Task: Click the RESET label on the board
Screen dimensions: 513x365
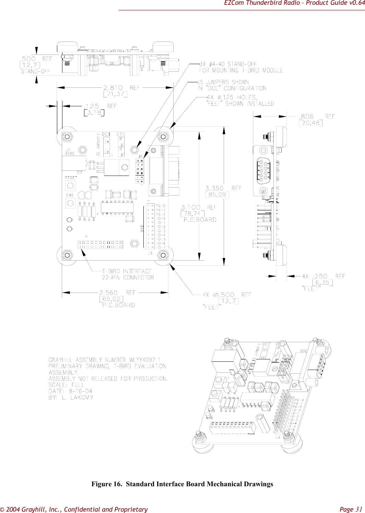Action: [71, 178]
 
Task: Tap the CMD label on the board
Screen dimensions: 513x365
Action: [70, 195]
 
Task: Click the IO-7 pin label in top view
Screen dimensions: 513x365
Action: [161, 248]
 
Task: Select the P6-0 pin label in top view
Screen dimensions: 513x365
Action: [161, 206]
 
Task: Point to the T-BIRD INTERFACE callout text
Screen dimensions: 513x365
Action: [127, 271]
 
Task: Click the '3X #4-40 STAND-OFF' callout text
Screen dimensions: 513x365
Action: [228, 64]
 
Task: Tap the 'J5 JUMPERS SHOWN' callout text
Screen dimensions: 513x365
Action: [223, 82]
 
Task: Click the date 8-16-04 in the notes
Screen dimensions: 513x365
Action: [80, 391]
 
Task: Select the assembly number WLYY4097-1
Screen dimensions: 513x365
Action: [145, 360]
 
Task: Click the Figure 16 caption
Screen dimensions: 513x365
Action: [182, 484]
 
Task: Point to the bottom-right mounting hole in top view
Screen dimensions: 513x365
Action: [163, 255]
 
